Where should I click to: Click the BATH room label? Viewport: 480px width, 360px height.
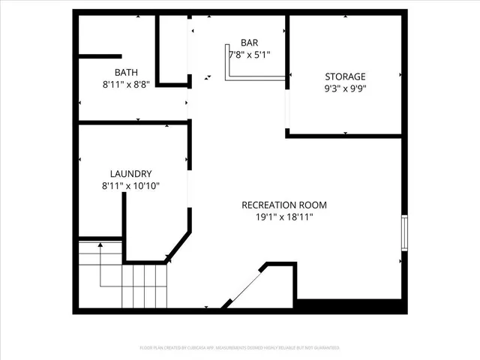coord(126,73)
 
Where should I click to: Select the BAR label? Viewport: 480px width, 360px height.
coord(250,42)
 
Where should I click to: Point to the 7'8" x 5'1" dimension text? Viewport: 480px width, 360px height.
coord(250,54)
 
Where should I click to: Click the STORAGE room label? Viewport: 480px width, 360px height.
coord(345,76)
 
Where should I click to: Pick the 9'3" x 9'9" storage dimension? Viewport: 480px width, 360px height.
coord(345,88)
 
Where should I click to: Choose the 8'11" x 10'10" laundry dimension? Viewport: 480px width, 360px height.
coord(130,185)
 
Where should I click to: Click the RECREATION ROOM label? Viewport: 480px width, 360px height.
coord(284,205)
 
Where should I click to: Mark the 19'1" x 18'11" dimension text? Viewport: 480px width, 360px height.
coord(284,217)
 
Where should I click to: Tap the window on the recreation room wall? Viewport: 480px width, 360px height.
coord(404,232)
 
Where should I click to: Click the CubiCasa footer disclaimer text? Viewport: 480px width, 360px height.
coord(240,348)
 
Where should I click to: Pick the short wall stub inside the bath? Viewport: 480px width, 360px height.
coord(100,56)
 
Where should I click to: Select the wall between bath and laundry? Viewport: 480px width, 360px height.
coord(132,121)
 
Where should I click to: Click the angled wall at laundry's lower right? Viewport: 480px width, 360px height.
coord(178,247)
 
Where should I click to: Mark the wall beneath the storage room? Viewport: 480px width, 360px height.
coord(346,136)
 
